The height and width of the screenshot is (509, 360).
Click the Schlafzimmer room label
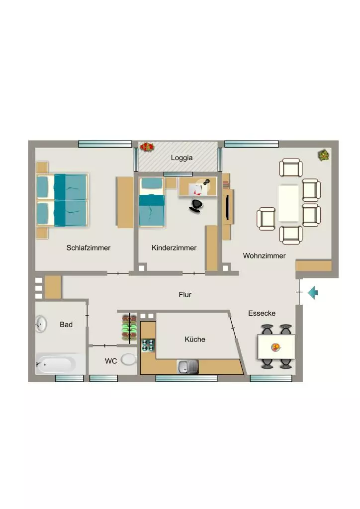(x=89, y=248)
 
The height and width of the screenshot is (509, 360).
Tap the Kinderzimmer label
(x=174, y=248)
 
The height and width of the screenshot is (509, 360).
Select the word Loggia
(x=182, y=158)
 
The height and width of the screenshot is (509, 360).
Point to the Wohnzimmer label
(x=264, y=255)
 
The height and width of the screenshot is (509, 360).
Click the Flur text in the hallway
(x=185, y=294)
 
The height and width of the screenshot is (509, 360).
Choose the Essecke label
(x=262, y=313)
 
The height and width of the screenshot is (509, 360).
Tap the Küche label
(x=195, y=339)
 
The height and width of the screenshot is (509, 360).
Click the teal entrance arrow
(x=313, y=292)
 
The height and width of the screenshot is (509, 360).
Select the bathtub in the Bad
(x=56, y=364)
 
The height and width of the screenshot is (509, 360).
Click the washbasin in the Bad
(x=41, y=324)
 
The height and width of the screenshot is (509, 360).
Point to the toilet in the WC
(x=129, y=359)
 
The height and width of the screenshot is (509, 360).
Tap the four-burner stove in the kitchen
(x=148, y=345)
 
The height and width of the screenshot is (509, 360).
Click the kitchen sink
(x=187, y=367)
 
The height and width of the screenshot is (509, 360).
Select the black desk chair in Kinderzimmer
(x=196, y=206)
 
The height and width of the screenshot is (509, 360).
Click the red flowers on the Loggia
(x=147, y=147)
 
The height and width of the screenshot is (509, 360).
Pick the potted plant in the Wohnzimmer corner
(x=324, y=155)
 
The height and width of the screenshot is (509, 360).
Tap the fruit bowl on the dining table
(x=275, y=347)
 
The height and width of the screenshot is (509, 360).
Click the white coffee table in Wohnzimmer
(x=288, y=203)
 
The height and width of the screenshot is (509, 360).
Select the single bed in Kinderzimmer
(x=152, y=202)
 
